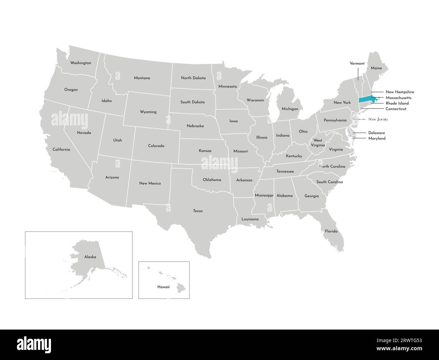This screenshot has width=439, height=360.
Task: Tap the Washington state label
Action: (80, 63)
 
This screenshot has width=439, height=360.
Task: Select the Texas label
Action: (198, 211)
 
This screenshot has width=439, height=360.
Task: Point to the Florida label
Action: (331, 231)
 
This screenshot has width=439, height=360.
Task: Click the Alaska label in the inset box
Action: (90, 257)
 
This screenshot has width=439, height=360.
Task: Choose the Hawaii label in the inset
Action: (163, 287)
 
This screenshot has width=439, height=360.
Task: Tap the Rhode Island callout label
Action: (397, 103)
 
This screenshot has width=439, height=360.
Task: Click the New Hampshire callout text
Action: (400, 92)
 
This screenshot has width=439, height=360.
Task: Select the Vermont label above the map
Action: (357, 63)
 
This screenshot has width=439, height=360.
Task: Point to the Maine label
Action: (376, 68)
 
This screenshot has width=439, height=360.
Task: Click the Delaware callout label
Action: (377, 133)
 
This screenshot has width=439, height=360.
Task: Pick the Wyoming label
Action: (148, 112)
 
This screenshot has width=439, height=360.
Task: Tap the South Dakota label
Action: (192, 102)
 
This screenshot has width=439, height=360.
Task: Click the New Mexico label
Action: (150, 183)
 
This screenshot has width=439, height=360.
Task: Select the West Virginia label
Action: (318, 142)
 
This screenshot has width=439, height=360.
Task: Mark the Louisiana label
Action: (250, 219)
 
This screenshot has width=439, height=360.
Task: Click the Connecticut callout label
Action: (396, 109)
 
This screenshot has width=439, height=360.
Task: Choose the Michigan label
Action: (290, 109)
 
